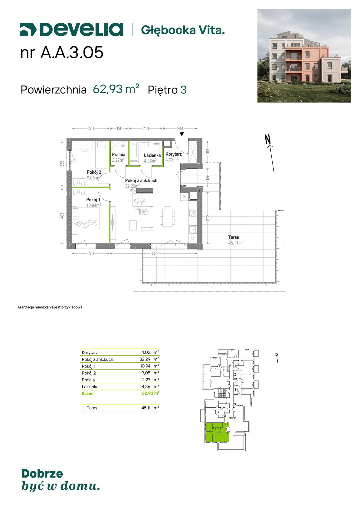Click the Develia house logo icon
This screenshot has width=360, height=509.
coord(28,30)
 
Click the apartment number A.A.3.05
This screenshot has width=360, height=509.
coord(72,53)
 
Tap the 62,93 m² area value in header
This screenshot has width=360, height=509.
coord(116,89)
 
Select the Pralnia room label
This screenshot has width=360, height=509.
coord(118,155)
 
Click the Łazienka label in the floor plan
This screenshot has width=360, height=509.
coord(152,155)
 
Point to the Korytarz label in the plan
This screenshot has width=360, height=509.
coord(173,154)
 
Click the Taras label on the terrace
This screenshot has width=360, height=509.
coord(234,237)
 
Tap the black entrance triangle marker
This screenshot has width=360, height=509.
coord(182,134)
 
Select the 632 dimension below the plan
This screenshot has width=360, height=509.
coord(154,253)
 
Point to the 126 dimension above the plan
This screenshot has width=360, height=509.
coord(119,129)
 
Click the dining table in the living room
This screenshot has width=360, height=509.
coord(167,217)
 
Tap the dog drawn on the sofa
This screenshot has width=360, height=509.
coord(139,201)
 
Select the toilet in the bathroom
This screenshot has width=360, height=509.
coord(157,147)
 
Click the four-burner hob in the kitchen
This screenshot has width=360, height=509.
coord(193,213)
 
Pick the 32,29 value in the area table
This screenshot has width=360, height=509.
coord(145,359)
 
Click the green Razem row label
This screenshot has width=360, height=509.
coord(88,393)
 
